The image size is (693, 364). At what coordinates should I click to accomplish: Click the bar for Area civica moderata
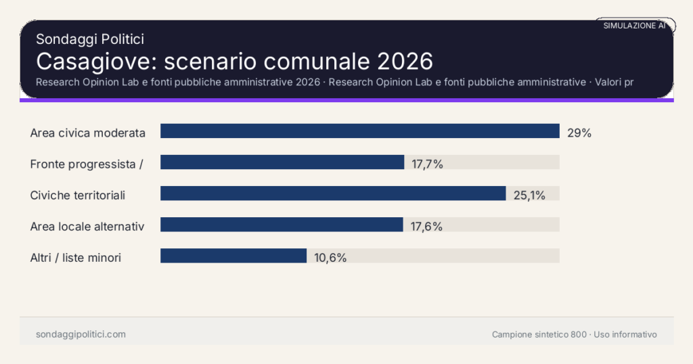coord(359,131)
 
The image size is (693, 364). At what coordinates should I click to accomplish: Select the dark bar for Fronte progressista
coord(282,162)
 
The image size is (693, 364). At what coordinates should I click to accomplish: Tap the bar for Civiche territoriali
coord(333,194)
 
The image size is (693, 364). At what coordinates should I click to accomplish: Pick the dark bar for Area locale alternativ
coord(282,225)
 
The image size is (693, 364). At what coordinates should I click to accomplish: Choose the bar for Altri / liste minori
coord(233,256)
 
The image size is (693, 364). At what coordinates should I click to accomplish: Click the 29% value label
coord(579,133)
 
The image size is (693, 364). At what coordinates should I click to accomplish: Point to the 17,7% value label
coord(427,164)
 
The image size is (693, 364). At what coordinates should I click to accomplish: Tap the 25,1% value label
coord(529,196)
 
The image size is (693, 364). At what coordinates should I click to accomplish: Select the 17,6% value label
coord(426,227)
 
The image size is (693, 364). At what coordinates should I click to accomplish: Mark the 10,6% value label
coord(330,258)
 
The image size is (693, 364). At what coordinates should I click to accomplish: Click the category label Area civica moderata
coord(88,133)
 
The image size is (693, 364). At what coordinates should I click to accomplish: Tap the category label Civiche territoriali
coord(78,196)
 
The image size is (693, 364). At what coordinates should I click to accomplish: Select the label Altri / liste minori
coord(76,258)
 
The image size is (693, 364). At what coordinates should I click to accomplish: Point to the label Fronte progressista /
coord(86,164)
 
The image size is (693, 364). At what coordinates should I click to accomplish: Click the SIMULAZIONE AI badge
coord(634,26)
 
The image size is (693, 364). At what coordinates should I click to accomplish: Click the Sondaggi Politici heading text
coord(90,39)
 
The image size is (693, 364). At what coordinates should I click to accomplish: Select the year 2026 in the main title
coord(405,61)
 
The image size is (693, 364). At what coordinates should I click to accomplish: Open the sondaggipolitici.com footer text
coord(81,334)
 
